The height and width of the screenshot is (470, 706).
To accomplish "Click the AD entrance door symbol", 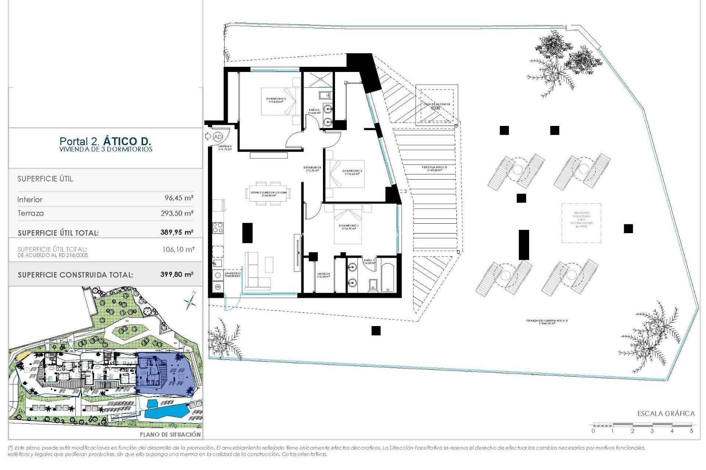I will click(x=217, y=137).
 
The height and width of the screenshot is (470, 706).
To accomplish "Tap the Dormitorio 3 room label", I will click(x=276, y=100).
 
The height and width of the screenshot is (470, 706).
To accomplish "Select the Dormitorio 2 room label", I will click(x=352, y=172).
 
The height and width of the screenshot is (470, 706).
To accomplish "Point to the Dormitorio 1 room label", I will click(x=349, y=227).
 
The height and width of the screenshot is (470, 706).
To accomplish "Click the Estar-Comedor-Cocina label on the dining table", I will click(x=268, y=194).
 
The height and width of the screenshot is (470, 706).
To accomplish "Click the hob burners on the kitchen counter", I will click(x=218, y=228).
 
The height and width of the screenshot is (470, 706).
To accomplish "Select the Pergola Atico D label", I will click(x=434, y=169).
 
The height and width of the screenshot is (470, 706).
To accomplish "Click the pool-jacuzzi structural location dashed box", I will click(x=581, y=223).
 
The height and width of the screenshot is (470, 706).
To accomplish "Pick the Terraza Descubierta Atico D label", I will click(x=546, y=322).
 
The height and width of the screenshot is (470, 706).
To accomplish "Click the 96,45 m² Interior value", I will click(x=179, y=198).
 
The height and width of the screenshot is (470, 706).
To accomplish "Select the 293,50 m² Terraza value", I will click(x=177, y=213).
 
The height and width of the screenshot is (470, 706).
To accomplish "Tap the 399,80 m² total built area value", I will click(x=176, y=274).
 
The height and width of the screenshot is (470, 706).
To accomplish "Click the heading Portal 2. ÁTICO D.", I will click(x=105, y=141).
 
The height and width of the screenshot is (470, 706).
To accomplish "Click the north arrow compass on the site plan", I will click(x=190, y=302).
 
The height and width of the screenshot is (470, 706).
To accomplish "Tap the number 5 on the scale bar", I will click(x=691, y=431).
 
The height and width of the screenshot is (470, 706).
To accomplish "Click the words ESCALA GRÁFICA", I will click(x=666, y=413).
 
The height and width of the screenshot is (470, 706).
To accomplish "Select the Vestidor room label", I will click(x=323, y=275).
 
